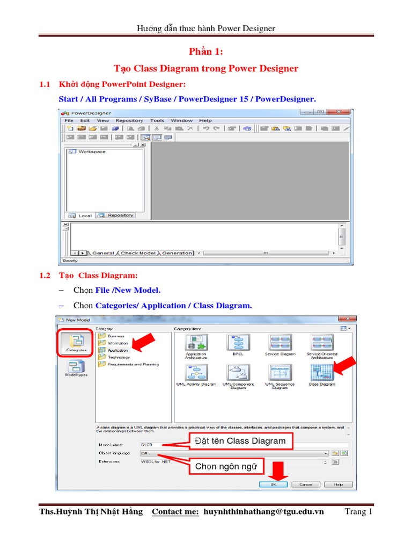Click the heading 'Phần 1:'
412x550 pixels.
[x=206, y=52]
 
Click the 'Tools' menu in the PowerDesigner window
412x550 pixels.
[x=157, y=121]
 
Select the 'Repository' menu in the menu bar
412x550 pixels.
[x=129, y=121]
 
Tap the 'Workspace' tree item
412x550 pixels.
[x=91, y=152]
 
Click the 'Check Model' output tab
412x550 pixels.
[x=138, y=253]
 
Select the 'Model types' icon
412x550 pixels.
[x=76, y=367]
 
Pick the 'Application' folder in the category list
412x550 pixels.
[x=117, y=350]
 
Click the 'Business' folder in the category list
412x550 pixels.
[x=116, y=336]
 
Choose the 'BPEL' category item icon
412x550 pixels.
[x=238, y=343]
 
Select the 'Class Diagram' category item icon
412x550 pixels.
[x=321, y=372]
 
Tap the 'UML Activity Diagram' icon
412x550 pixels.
[x=196, y=372]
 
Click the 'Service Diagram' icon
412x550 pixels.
[x=279, y=343]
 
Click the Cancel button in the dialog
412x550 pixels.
[x=306, y=484]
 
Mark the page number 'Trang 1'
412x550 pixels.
[x=358, y=512]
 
